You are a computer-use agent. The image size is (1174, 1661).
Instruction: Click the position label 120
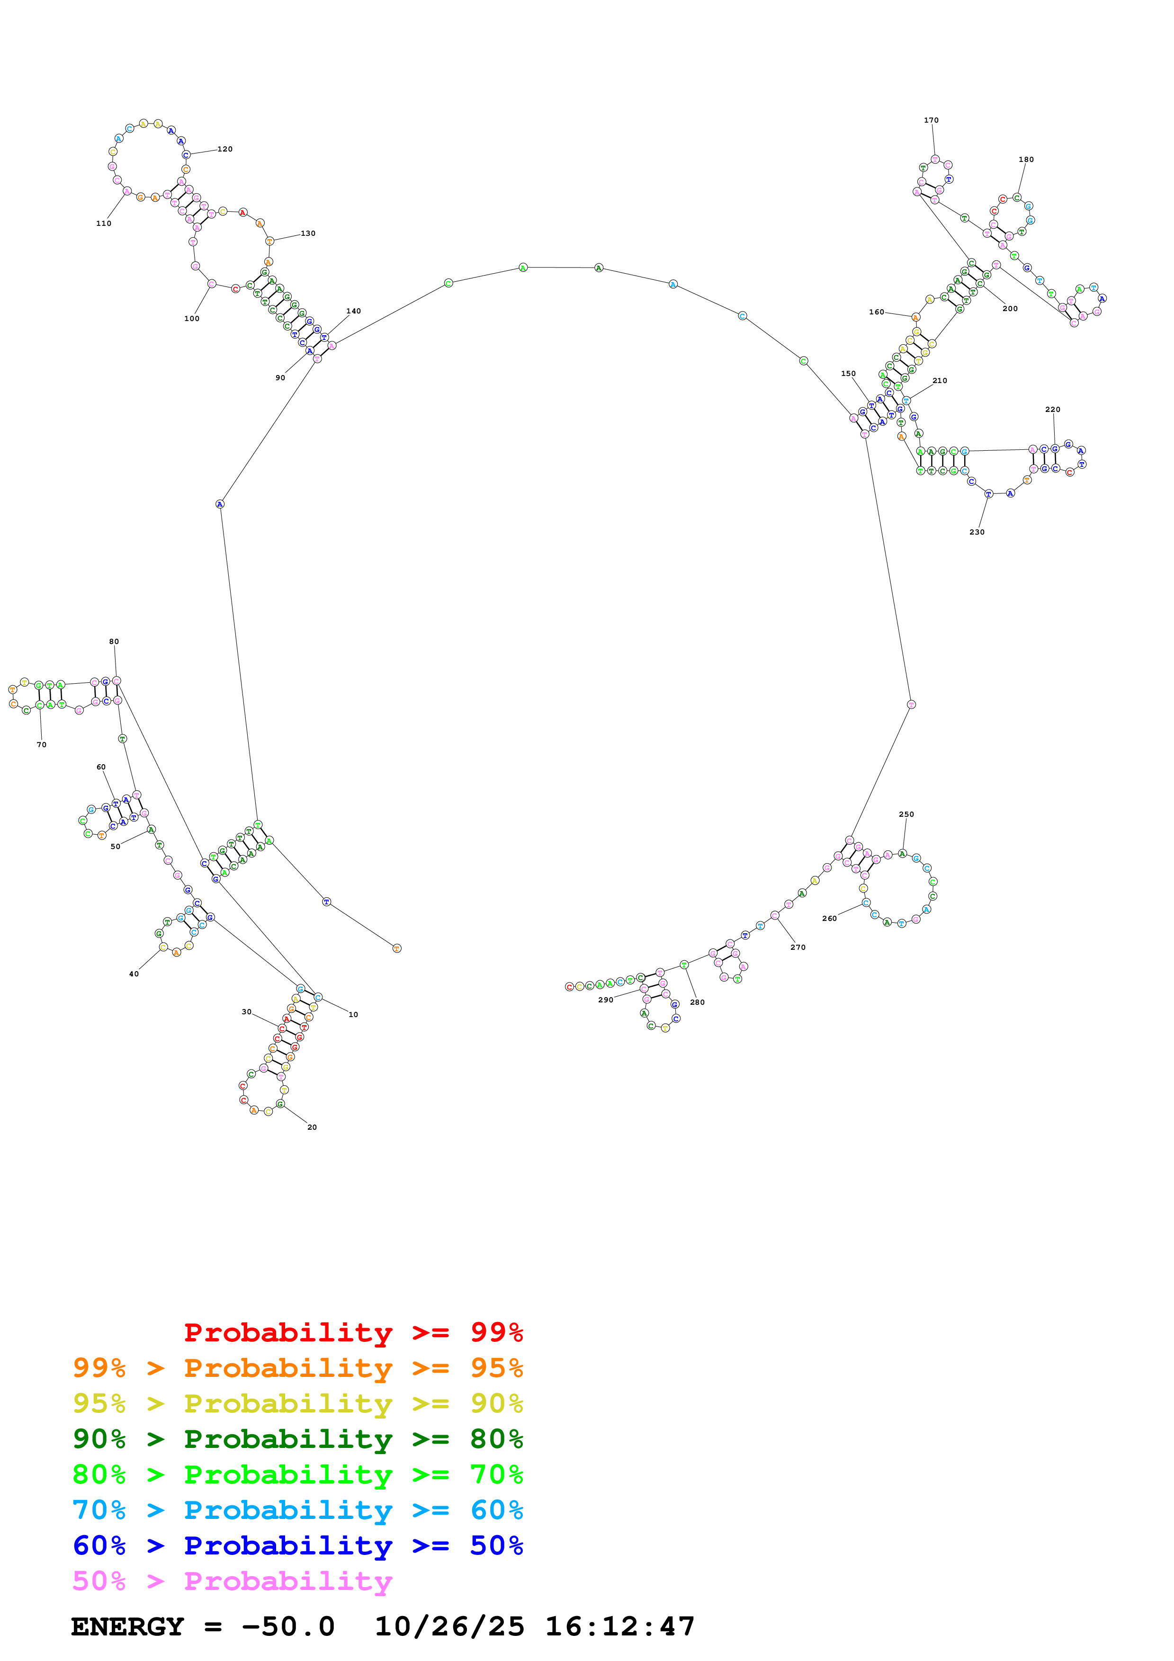point(225,149)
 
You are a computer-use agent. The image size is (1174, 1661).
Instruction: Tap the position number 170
point(931,120)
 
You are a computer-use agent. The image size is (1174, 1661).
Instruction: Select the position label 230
point(977,532)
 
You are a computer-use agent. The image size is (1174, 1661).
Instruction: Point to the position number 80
point(114,642)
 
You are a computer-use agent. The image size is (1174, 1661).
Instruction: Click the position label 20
point(312,1127)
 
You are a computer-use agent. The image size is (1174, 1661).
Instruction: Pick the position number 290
point(605,1000)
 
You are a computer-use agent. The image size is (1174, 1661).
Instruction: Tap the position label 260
point(829,919)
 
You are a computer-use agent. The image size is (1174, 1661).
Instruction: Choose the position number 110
point(103,223)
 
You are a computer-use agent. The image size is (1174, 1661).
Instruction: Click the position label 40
point(134,974)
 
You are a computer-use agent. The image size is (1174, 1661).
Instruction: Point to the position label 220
point(1052,410)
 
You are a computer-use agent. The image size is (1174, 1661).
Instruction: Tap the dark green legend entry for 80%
point(297,1439)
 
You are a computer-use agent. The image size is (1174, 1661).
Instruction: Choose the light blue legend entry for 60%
point(297,1510)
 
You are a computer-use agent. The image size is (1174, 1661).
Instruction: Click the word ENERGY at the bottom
point(127,1627)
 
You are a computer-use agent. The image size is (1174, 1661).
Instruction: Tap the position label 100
point(192,318)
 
